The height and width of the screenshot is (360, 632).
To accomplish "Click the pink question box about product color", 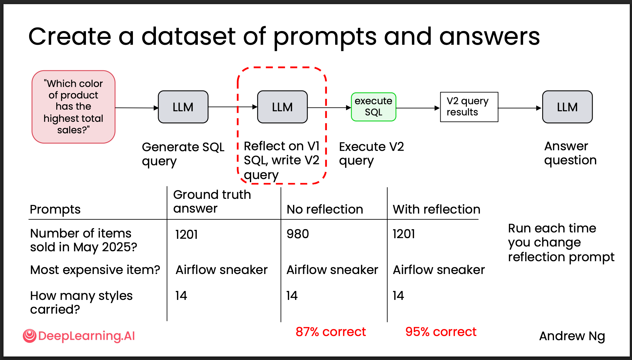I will pos(73,107).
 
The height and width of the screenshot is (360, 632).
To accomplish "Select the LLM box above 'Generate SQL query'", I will pos(183,107).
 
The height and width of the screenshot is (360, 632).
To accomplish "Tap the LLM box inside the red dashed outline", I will pos(282,107).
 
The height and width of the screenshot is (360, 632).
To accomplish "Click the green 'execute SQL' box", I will pos(373,107).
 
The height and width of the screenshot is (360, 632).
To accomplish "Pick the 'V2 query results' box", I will pos(469,107).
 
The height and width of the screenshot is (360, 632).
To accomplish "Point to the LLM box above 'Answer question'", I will pos(567,107).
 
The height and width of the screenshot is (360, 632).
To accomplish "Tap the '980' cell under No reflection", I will pos(297,234).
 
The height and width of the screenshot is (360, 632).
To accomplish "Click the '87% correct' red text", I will pos(331,332).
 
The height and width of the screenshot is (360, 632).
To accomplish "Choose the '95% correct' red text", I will pos(441,332).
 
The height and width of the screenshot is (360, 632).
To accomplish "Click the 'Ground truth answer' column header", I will pos(212,201).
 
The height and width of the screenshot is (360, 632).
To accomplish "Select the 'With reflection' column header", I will pos(436,209).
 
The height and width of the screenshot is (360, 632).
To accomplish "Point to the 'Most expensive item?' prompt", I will pos(95,270).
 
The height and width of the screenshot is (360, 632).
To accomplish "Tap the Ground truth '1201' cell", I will pos(186,235).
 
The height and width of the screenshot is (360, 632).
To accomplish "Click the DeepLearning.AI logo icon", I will pos(30,336).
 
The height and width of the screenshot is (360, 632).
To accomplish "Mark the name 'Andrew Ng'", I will pos(572,336).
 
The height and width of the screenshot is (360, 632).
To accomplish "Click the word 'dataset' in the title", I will pos(189,36).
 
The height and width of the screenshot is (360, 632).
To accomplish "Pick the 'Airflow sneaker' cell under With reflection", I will pos(439,270).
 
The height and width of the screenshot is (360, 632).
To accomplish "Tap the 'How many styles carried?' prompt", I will pos(81,302).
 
